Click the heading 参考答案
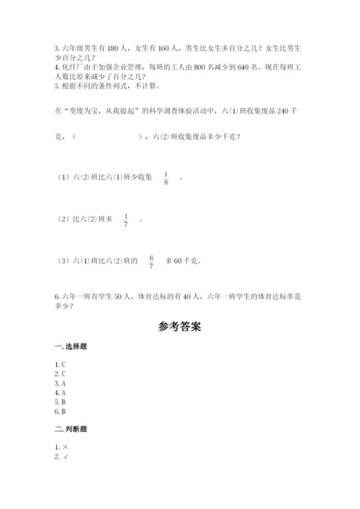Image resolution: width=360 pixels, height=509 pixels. click(179, 326)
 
